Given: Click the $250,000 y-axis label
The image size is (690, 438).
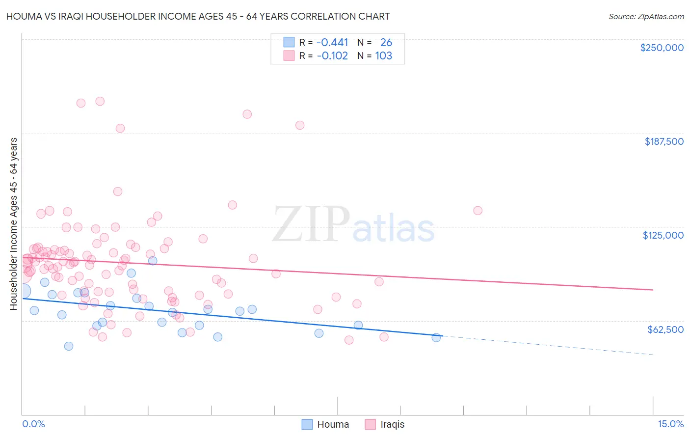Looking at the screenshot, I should [x=662, y=48].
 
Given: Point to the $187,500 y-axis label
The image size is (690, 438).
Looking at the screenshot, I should [x=663, y=141].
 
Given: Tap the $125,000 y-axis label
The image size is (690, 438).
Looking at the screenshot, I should [x=663, y=235].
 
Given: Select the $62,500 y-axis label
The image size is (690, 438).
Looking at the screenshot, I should [x=665, y=329].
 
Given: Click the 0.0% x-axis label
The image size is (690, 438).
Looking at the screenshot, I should [x=33, y=424].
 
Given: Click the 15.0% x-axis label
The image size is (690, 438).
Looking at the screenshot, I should [x=670, y=424].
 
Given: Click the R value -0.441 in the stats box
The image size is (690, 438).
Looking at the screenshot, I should [x=332, y=43].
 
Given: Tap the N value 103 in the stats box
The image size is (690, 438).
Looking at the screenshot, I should [x=383, y=56].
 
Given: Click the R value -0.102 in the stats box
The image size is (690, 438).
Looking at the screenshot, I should [x=332, y=56].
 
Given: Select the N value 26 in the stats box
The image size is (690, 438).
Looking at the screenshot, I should [x=386, y=43].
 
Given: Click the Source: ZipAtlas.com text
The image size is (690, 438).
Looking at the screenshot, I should [x=646, y=17].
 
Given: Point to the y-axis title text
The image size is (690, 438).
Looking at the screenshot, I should [x=13, y=224].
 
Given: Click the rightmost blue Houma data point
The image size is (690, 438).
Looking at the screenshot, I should [x=436, y=337].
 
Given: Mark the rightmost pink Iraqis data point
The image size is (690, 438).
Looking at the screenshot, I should [x=478, y=211].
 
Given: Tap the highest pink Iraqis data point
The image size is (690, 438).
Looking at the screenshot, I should [x=100, y=101].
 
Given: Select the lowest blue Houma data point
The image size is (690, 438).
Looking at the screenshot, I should [x=69, y=346].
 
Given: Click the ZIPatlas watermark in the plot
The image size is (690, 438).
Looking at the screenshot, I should [x=353, y=225].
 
